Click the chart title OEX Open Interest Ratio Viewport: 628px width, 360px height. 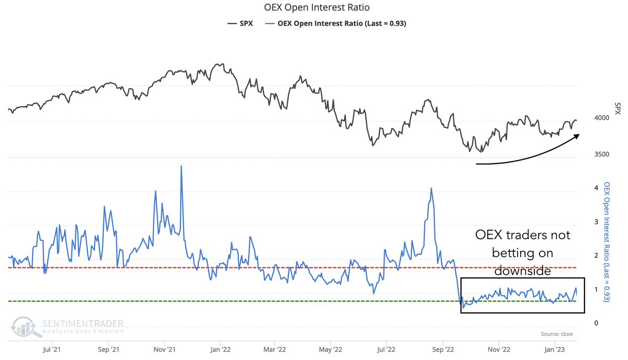317,7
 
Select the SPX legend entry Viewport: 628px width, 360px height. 240,24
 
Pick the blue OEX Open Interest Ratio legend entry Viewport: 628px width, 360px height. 335,24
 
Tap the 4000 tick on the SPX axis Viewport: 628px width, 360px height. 602,118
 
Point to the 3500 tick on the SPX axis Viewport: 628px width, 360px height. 602,154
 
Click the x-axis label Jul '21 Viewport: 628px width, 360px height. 52,350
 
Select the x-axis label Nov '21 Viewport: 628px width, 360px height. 164,350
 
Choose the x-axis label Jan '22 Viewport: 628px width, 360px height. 220,350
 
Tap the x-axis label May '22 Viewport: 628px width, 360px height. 331,350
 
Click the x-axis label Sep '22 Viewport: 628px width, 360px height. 443,350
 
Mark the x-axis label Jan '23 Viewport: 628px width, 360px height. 555,350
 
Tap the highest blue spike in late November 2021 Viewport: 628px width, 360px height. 181,166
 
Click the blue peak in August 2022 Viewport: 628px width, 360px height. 431,188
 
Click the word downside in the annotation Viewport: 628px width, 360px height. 522,271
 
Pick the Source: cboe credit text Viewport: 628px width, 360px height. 556,334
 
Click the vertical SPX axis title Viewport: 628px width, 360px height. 618,108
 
